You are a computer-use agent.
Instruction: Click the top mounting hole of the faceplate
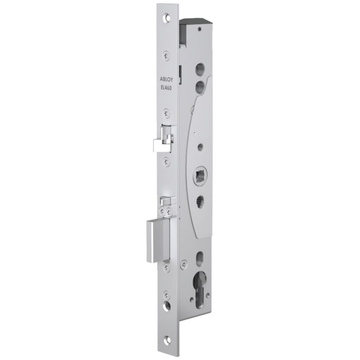coord(168,18)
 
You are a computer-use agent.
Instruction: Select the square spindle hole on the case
coord(199,175)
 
